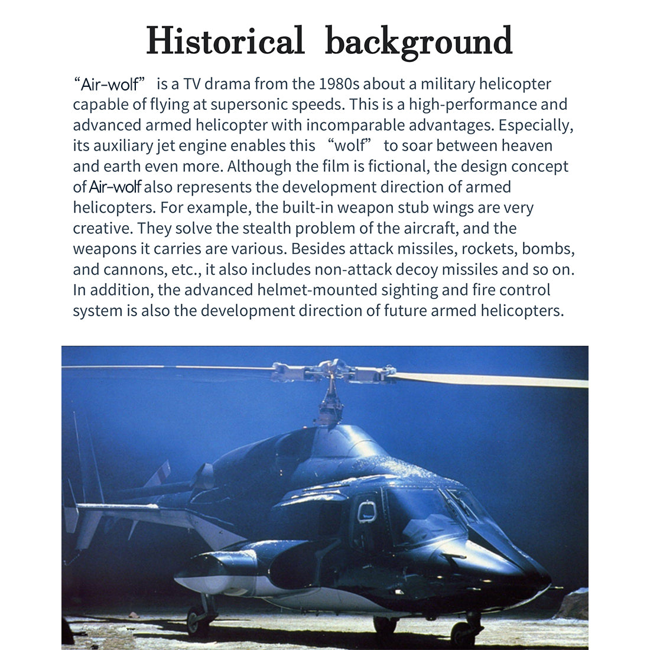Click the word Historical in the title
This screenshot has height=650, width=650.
[225, 41]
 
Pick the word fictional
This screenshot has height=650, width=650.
[398, 167]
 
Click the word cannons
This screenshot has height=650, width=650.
[129, 270]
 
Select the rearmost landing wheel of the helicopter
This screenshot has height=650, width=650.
[197, 620]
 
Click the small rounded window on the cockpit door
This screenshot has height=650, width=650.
[367, 512]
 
